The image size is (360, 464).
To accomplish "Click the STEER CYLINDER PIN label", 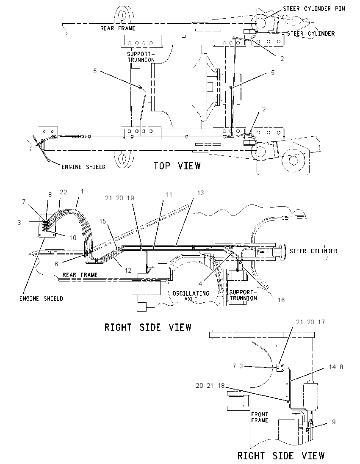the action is (314, 8).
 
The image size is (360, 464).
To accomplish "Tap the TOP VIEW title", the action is (177, 166).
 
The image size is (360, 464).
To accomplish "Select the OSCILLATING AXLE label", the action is (191, 296).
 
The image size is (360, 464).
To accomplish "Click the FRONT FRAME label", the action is (259, 417).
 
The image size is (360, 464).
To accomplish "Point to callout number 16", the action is (281, 300).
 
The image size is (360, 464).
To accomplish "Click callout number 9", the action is (334, 422).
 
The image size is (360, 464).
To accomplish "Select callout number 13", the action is (200, 193).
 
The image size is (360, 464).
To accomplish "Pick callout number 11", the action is (169, 194).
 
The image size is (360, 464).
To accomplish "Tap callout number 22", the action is (64, 192).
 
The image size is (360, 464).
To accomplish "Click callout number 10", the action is (73, 238).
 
